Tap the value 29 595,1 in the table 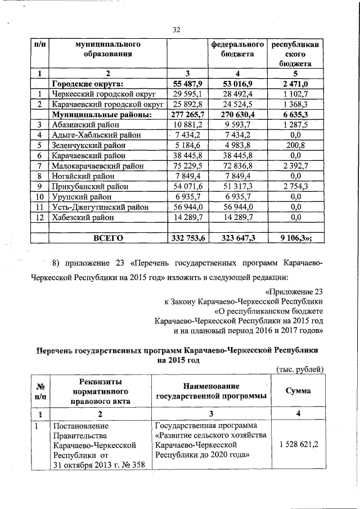188,94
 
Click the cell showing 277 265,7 188,115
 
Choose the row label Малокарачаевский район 97,166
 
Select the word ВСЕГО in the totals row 108,238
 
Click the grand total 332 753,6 188,238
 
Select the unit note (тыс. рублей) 300,369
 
